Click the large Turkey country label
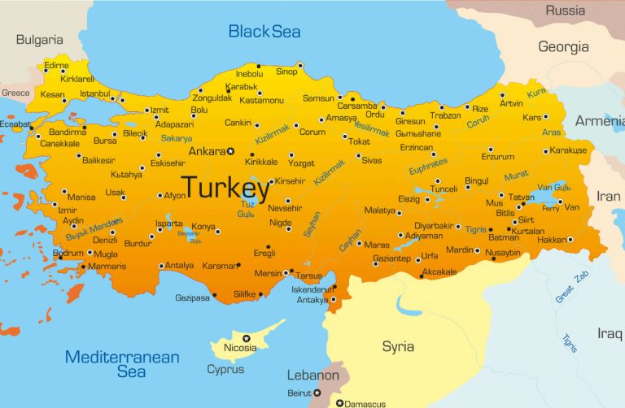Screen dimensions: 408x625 (x=225, y=188)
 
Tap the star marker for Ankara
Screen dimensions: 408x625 (x=230, y=151)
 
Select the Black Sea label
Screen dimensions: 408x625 (x=264, y=32)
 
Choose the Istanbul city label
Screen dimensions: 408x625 (x=94, y=93)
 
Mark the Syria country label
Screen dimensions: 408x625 (x=398, y=347)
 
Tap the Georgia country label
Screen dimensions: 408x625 (x=563, y=47)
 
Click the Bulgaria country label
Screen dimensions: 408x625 (x=39, y=39)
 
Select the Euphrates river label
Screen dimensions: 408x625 (x=429, y=167)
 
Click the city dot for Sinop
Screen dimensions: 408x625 (x=300, y=65)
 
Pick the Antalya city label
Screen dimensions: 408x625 (x=180, y=265)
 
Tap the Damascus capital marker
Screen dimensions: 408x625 (x=339, y=402)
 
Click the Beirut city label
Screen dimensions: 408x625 (x=299, y=393)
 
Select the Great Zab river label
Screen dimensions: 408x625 (x=570, y=287)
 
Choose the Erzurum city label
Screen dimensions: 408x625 (x=498, y=157)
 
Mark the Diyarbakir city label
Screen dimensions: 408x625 (x=433, y=225)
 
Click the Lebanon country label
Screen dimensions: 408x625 (x=312, y=375)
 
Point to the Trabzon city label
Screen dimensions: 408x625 (x=446, y=115)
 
